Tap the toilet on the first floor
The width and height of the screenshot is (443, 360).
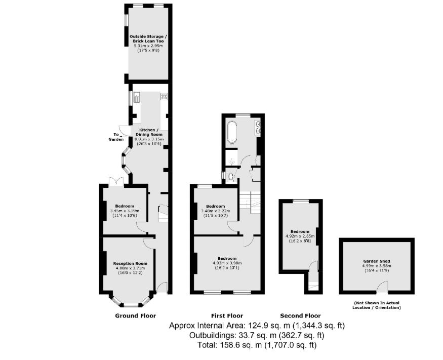(x=231, y=177)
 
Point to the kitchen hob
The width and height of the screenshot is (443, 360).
(x=164, y=96)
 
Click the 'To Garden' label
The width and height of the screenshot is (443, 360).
(x=116, y=137)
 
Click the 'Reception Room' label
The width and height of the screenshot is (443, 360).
(x=130, y=263)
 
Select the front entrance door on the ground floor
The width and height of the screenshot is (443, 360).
(x=162, y=288)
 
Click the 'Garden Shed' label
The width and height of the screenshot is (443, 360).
(x=376, y=261)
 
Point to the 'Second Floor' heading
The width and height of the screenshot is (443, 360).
(x=300, y=315)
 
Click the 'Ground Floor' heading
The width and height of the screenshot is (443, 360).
(x=135, y=315)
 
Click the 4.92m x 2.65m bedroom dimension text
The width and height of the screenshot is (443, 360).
(x=301, y=236)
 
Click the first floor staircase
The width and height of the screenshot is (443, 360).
(x=250, y=201)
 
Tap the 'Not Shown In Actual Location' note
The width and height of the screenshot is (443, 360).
(x=377, y=305)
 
